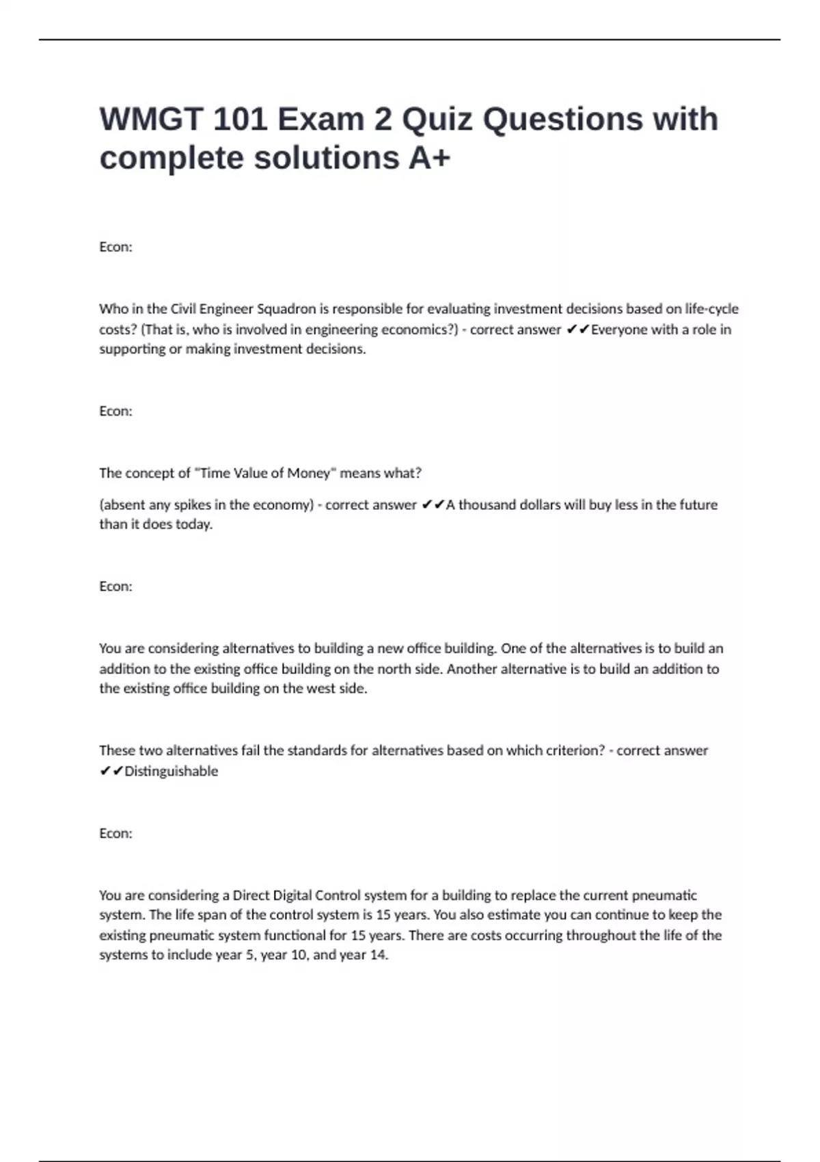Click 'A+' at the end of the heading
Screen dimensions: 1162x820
(x=430, y=158)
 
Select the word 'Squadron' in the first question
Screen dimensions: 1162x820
(x=286, y=309)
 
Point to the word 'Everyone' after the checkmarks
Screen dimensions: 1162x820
(x=618, y=329)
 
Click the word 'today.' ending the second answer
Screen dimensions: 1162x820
(x=194, y=524)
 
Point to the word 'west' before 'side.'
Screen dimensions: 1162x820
(x=321, y=688)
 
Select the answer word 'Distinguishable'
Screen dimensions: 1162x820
(x=171, y=771)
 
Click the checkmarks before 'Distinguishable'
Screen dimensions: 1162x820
(x=111, y=771)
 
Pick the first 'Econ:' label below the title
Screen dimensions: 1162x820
(x=115, y=247)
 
